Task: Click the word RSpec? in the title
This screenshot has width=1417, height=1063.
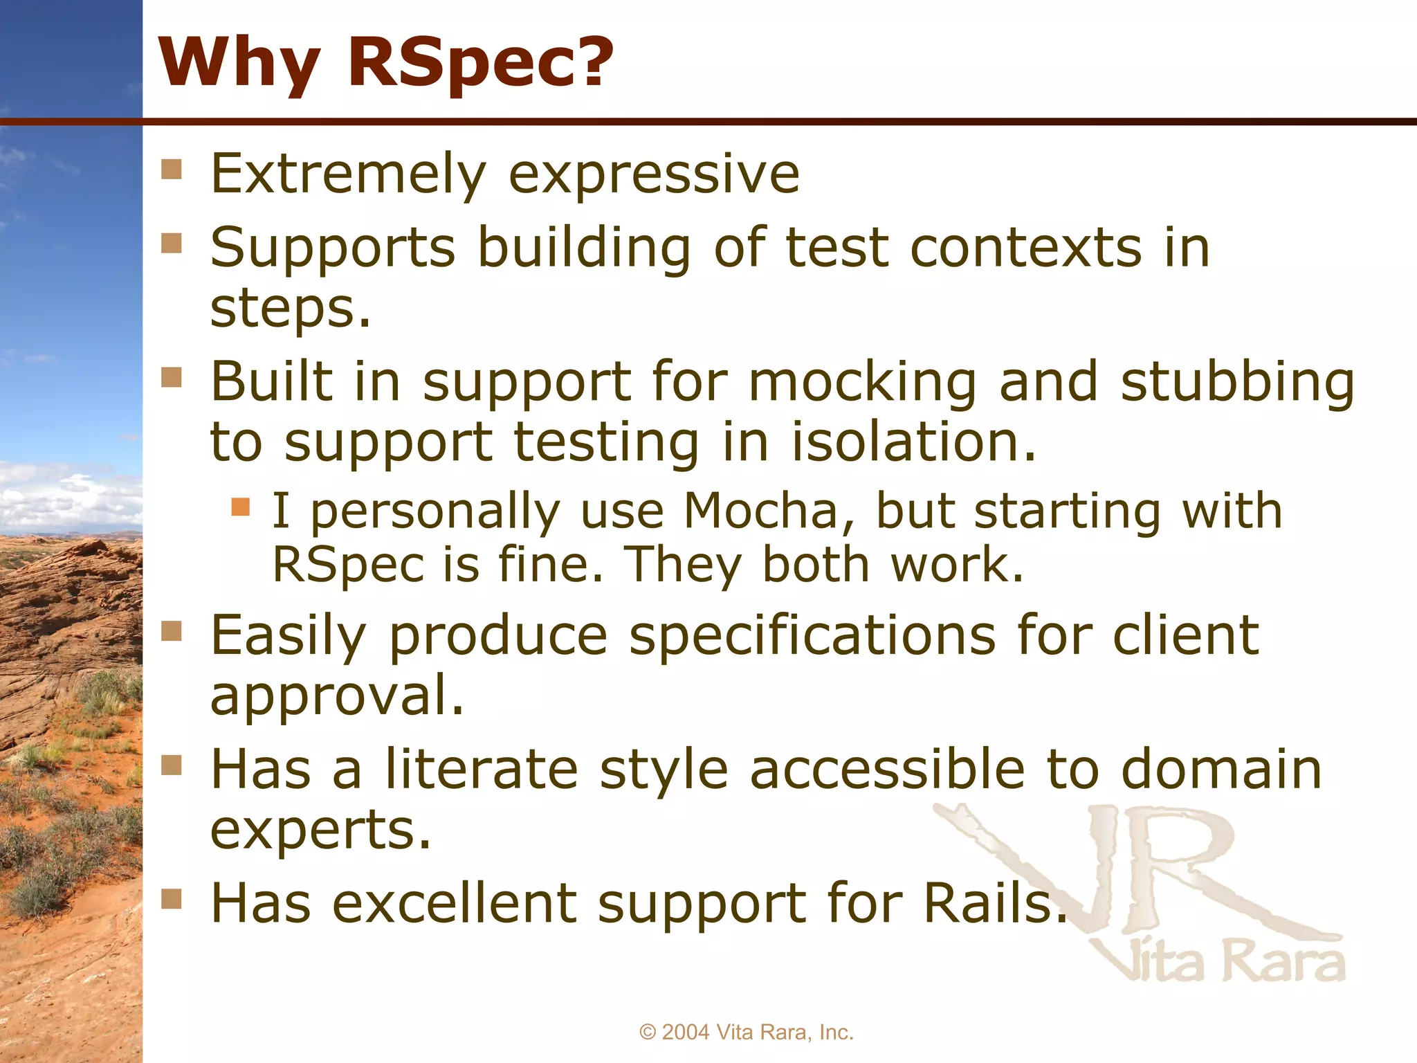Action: [x=479, y=62]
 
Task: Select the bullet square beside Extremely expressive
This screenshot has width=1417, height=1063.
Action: [x=171, y=170]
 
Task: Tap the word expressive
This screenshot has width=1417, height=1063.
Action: [x=654, y=174]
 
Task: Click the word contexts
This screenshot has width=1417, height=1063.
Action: [x=1025, y=247]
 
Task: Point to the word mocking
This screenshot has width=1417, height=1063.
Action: [x=863, y=382]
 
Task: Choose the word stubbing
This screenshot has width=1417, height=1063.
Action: [x=1237, y=382]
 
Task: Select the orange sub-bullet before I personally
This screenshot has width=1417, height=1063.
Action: [x=240, y=507]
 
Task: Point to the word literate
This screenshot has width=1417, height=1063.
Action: [x=481, y=769]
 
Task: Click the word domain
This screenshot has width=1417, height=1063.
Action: [x=1221, y=769]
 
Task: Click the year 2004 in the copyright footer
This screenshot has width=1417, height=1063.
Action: [x=686, y=1032]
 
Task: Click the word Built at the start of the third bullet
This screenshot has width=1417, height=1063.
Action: [x=272, y=382]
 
